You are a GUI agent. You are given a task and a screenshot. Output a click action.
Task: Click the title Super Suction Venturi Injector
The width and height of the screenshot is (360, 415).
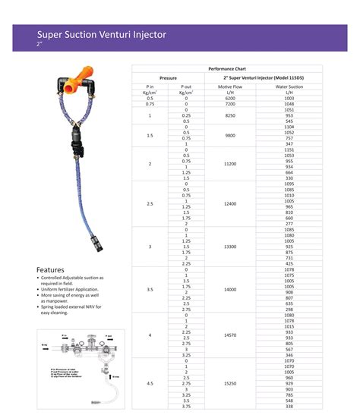click(x=102, y=34)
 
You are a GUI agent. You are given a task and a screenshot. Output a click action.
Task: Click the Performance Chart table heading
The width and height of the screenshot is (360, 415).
click(x=227, y=69)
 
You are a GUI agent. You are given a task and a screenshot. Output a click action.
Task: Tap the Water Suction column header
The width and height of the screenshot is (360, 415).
click(x=289, y=87)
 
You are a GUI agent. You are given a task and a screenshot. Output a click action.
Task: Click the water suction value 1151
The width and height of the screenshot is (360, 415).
click(x=289, y=149)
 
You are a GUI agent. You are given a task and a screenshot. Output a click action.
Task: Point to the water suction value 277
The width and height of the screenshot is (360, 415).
click(x=289, y=224)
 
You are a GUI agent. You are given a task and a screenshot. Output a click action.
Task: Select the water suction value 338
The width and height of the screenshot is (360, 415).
click(x=289, y=406)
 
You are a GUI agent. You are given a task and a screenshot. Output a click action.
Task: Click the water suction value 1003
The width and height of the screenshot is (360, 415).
click(x=289, y=99)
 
